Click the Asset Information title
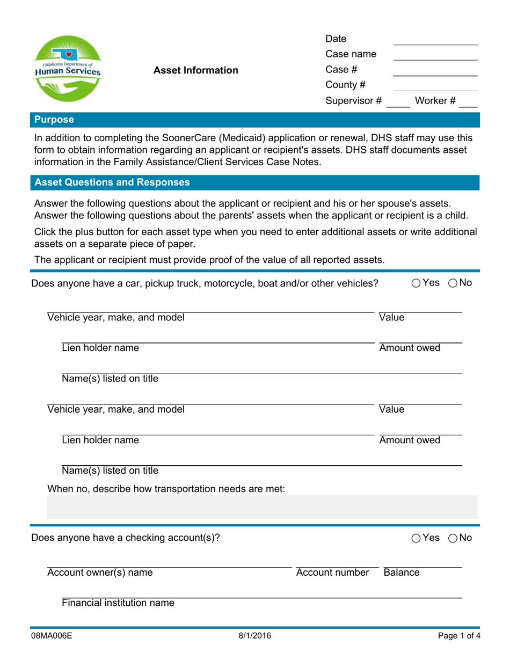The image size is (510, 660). (196, 70)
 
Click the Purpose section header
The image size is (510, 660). (54, 120)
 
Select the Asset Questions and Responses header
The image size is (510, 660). (112, 182)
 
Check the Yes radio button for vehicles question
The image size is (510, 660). (417, 283)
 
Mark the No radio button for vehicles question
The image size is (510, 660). (453, 283)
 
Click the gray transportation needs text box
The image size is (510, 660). (262, 507)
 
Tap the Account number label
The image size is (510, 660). (333, 573)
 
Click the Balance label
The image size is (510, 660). (402, 573)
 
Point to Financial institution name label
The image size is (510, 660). (118, 603)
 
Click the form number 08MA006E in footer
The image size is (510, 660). (52, 636)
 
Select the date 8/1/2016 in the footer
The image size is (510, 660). (255, 636)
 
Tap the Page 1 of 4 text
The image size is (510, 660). (457, 636)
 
